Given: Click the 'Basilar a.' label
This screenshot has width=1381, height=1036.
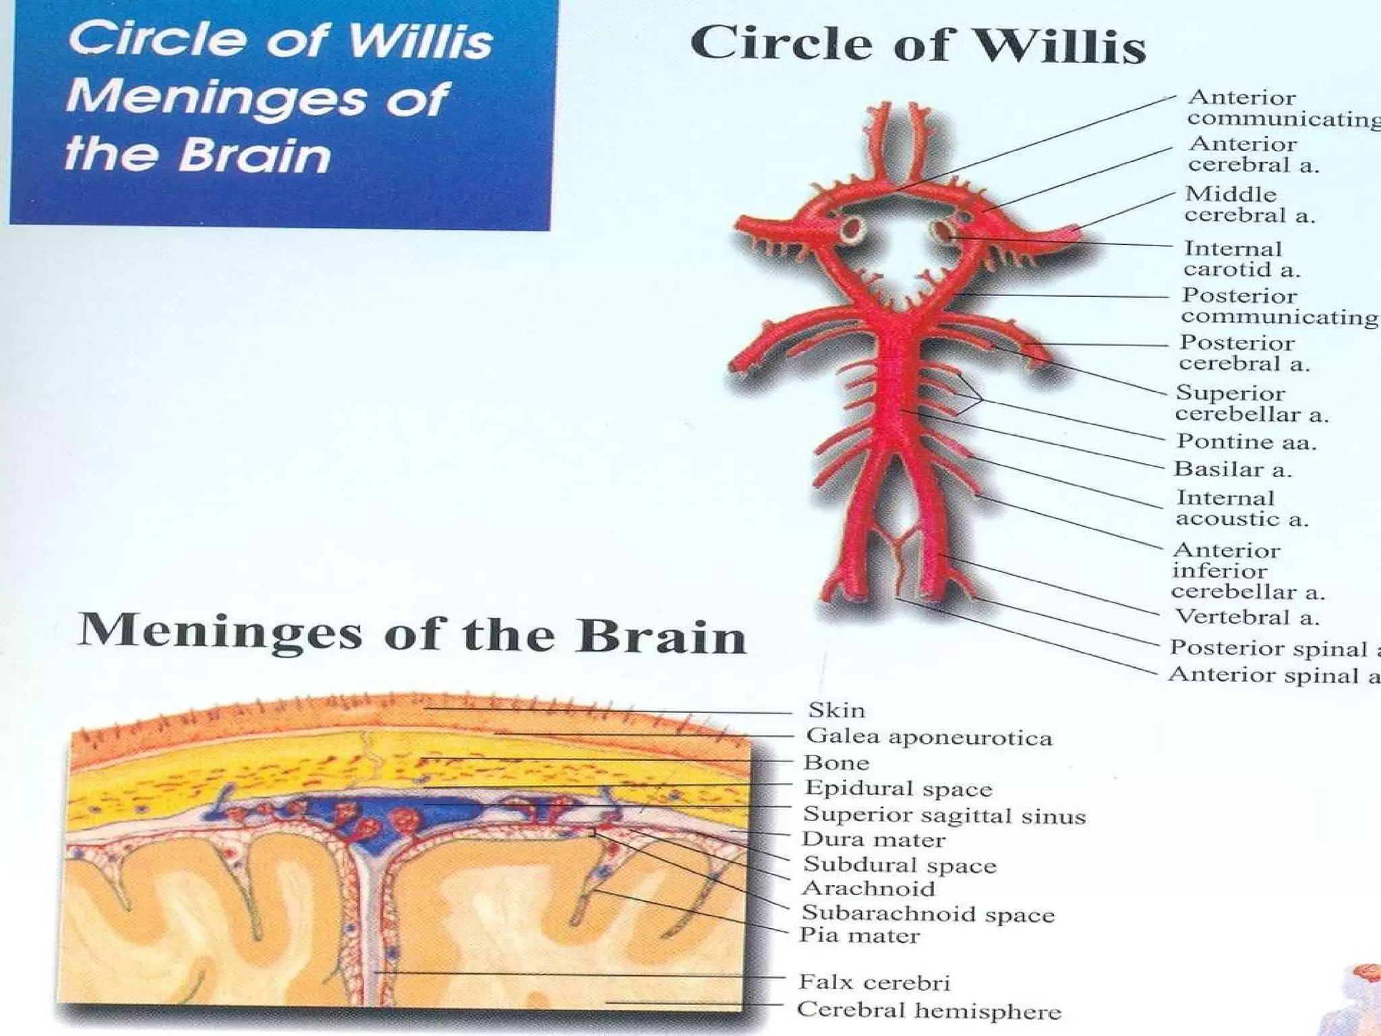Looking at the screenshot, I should (x=1233, y=469).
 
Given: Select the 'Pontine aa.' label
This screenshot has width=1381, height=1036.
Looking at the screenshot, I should (x=1246, y=441).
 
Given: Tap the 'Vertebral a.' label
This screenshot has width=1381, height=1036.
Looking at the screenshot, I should (x=1247, y=616).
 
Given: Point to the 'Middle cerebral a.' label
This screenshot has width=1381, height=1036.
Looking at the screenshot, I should (x=1250, y=204).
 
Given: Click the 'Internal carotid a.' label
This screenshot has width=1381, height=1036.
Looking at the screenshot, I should (x=1241, y=259).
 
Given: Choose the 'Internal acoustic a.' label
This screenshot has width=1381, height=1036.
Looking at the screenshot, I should (x=1241, y=508).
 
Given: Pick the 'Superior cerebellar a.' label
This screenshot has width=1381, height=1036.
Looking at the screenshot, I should (x=1252, y=403).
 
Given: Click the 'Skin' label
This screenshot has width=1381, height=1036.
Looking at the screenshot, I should (x=836, y=710).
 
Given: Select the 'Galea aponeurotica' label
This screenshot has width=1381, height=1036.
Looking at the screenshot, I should (x=929, y=737).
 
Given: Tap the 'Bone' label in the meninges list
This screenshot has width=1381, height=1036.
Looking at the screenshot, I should (x=836, y=763).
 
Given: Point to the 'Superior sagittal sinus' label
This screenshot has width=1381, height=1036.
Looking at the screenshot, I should (x=944, y=815).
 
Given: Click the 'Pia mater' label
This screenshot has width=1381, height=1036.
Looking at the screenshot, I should (x=859, y=936).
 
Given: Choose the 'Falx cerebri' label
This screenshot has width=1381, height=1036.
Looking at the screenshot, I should (x=874, y=982).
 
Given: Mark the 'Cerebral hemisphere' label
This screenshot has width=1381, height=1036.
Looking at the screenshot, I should (x=929, y=1010).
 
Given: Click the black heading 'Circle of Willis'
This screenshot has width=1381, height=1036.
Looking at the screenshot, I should (x=918, y=44).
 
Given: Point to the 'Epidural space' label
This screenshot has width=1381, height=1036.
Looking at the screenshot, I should (x=898, y=788).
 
